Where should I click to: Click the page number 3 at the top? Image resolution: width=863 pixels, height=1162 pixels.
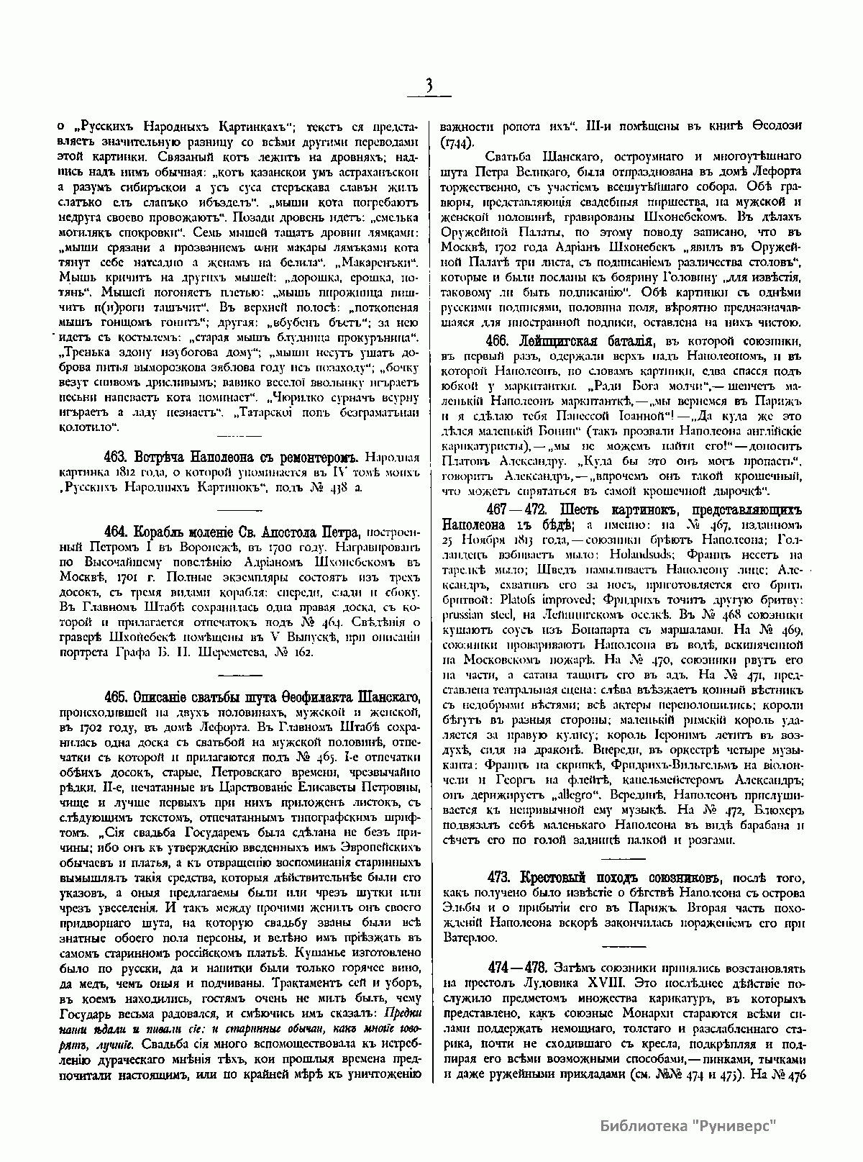pos(429,86)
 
